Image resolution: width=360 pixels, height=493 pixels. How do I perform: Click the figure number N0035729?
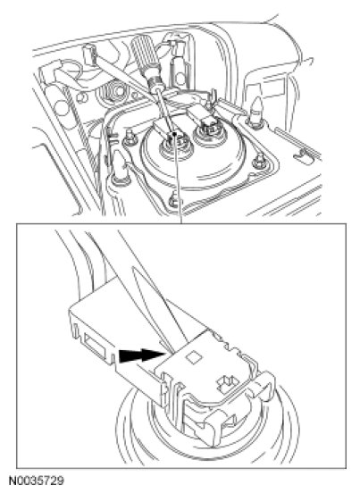(36, 480)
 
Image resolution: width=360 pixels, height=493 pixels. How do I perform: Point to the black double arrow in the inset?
(142, 356)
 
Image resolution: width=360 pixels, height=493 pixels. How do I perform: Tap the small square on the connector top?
(192, 357)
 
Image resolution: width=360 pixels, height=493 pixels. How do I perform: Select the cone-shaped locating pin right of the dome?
(256, 113)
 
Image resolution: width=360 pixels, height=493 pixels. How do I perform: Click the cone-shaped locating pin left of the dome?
(121, 167)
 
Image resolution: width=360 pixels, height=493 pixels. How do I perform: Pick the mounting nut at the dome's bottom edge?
(173, 200)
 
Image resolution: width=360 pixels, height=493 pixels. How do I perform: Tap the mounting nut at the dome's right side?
(259, 161)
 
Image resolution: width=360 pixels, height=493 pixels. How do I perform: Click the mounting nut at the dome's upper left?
(129, 138)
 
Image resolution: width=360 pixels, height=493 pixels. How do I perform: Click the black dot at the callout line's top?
(174, 135)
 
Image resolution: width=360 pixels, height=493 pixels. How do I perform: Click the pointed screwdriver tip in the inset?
(170, 352)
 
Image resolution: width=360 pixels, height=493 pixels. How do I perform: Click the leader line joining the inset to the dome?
(179, 180)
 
